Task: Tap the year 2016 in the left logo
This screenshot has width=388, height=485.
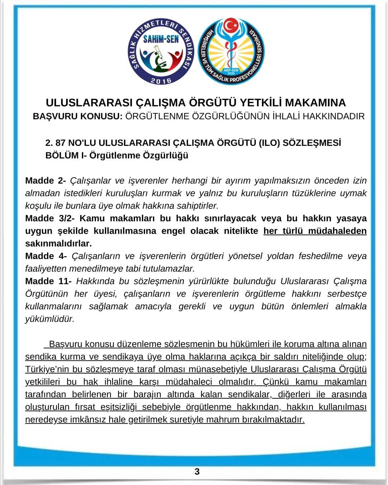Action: coord(161,80)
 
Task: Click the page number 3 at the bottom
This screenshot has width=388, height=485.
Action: coord(197,471)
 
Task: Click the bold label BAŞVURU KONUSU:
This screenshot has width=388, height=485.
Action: coord(78,116)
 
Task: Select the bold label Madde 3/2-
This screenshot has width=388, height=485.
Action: coord(50,218)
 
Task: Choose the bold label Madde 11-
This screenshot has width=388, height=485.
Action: coord(48,281)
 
